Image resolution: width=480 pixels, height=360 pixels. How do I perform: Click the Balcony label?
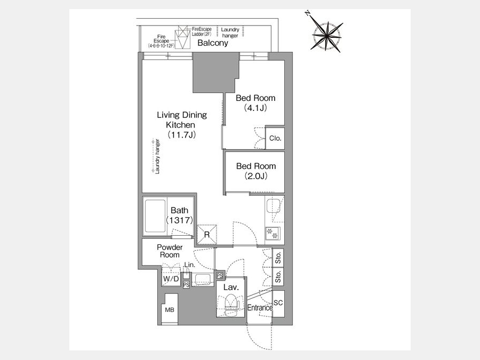pyautogui.click(x=213, y=43)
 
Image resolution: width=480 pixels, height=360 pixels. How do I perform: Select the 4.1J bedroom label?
pyautogui.click(x=255, y=102)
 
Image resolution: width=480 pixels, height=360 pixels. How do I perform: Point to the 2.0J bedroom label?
pyautogui.click(x=256, y=171)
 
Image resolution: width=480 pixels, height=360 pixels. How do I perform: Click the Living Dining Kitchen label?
pyautogui.click(x=182, y=125)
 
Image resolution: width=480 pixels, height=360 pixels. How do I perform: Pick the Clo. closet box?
pyautogui.click(x=275, y=138)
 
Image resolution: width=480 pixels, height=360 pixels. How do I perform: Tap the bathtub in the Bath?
pyautogui.click(x=155, y=216)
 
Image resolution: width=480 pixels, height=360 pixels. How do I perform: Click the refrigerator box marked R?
pyautogui.click(x=207, y=235)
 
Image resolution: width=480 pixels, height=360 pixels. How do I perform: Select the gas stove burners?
pyautogui.click(x=273, y=234)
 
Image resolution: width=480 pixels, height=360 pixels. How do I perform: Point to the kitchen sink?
pyautogui.click(x=273, y=206)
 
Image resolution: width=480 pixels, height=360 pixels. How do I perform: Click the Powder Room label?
pyautogui.click(x=170, y=251)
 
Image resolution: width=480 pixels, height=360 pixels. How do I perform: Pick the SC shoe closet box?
pyautogui.click(x=278, y=303)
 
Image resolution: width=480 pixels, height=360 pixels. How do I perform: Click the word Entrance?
pyautogui.click(x=260, y=308)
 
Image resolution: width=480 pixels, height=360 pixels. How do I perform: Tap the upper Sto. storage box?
pyautogui.click(x=278, y=258)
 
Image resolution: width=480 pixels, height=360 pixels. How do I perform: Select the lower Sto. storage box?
pyautogui.click(x=278, y=276)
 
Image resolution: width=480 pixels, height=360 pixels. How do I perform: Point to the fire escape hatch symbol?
pyautogui.click(x=183, y=37)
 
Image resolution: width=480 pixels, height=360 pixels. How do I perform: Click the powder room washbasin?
pyautogui.click(x=202, y=279)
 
